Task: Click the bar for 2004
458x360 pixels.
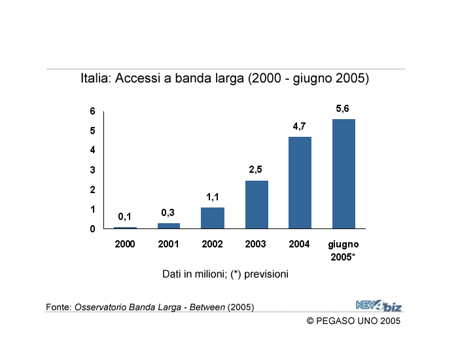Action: (300, 183)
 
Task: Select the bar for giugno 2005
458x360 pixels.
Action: (343, 173)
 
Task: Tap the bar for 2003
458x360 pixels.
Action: (256, 204)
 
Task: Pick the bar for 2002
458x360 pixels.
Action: (213, 218)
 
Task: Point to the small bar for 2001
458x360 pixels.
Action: (169, 226)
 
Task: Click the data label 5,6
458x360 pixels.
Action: (343, 109)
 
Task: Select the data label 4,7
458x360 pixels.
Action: (300, 126)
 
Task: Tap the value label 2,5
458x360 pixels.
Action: (256, 170)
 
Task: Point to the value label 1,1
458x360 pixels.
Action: (213, 197)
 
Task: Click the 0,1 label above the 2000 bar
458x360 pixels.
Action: (125, 217)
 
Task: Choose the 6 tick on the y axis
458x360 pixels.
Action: (93, 111)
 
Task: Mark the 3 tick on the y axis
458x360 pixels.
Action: (93, 170)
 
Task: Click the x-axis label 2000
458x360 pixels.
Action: (125, 244)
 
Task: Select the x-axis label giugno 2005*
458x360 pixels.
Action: (343, 250)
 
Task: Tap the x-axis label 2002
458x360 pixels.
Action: (213, 244)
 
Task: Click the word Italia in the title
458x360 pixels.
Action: (96, 79)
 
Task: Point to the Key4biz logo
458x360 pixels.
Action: (379, 304)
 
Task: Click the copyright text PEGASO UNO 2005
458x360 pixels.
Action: (353, 321)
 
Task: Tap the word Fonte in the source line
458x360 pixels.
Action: (58, 307)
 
